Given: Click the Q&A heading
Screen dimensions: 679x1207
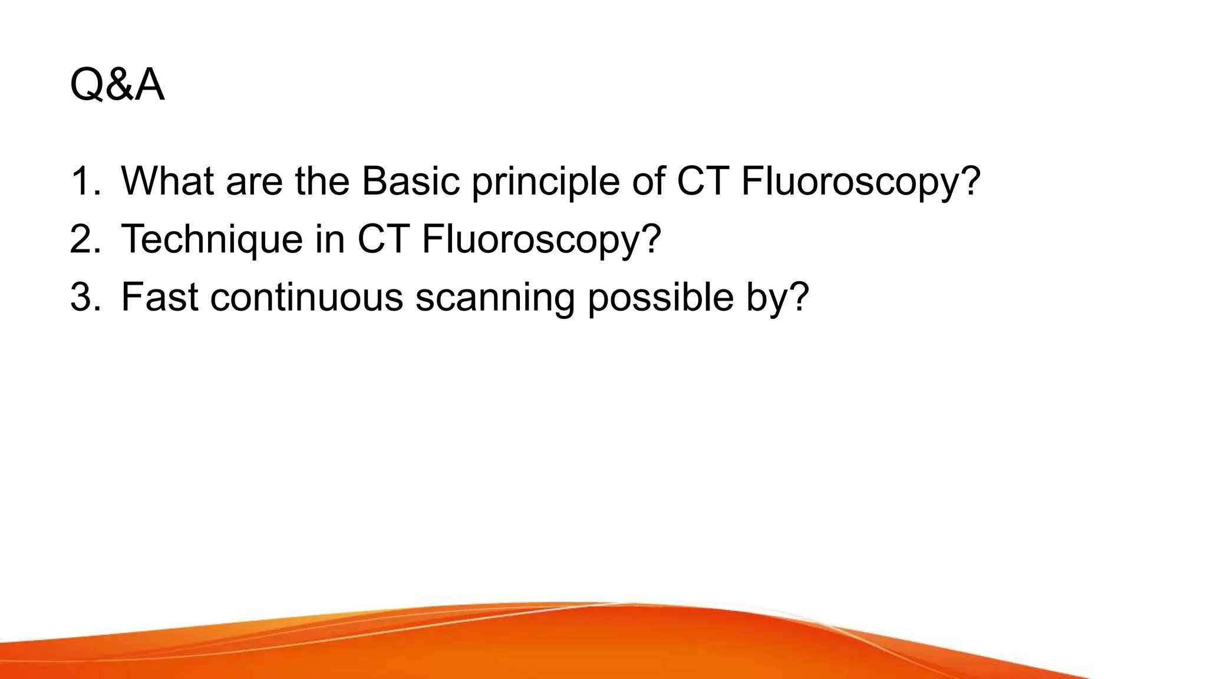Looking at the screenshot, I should pos(117,85).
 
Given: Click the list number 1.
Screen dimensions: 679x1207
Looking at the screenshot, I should pos(85,181).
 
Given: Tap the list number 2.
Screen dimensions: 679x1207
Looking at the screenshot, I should pos(85,239).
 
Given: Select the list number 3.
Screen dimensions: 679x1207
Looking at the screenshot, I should pos(85,297).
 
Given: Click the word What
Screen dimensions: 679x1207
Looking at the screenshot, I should pos(167,181).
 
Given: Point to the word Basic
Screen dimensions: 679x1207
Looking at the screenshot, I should pos(410,181).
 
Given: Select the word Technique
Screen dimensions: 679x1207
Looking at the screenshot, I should pos(212,240).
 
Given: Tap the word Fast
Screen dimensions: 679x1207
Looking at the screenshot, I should pos(159,297).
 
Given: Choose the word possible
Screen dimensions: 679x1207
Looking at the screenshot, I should pos(661,298).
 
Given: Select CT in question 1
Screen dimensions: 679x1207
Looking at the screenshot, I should pos(701,181).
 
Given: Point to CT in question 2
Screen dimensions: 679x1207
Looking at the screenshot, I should pos(383,239).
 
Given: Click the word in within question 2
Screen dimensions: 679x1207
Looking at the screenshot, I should pos(330,239).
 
